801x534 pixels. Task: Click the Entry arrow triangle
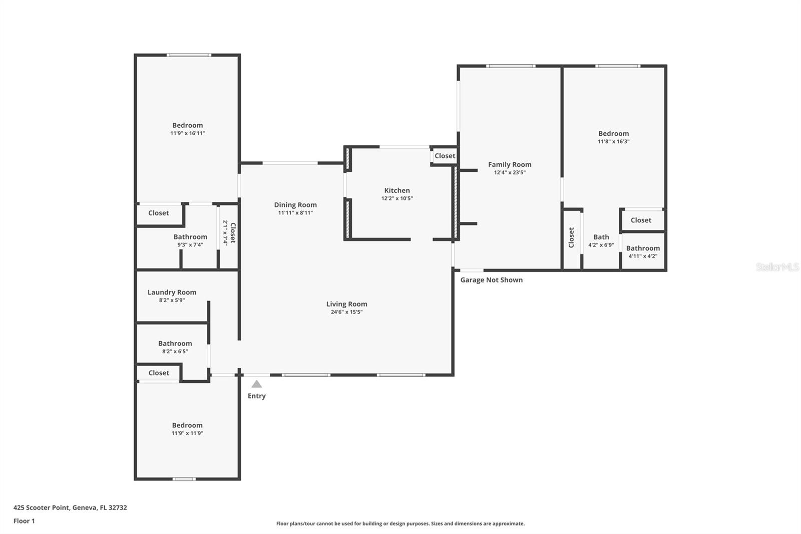coord(256,384)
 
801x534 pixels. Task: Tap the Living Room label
coord(346,304)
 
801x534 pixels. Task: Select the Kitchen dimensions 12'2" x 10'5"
coord(397,198)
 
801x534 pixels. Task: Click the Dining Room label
coord(295,205)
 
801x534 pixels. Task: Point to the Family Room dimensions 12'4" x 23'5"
coord(510,172)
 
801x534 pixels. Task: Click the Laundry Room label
coord(172,292)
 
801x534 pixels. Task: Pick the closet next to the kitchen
coord(445,156)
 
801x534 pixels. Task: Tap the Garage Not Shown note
coord(491,280)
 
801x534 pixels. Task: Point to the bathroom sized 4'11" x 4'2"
coord(643,251)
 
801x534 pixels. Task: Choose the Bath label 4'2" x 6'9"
coord(601,240)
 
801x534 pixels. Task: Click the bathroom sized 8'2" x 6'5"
coord(175,347)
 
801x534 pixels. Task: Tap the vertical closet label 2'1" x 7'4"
coord(229,233)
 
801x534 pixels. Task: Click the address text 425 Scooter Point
coord(70,507)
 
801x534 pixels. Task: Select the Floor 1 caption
coord(24,521)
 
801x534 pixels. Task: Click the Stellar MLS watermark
coord(777,267)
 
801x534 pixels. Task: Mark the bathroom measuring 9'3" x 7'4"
coord(190,240)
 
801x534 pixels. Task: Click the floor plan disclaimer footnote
coord(400,523)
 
